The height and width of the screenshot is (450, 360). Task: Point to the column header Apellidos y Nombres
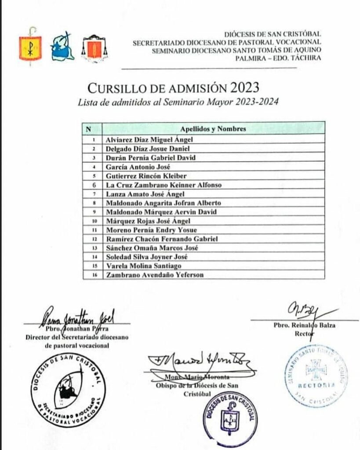213,129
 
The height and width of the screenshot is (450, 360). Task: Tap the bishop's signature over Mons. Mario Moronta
200,363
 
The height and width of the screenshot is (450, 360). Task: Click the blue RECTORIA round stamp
315,375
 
